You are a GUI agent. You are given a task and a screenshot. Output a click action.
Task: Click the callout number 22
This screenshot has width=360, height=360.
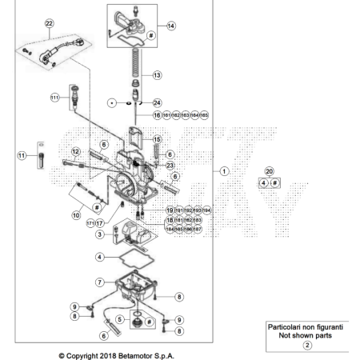tap(50, 24)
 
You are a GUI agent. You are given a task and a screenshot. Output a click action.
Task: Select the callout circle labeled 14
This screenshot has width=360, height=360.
tap(171, 26)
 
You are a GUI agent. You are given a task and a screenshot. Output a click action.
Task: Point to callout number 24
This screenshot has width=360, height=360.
tap(158, 103)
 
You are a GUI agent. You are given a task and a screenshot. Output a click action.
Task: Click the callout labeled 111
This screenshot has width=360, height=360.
tap(55, 97)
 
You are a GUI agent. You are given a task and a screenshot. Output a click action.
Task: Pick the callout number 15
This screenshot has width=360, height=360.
tap(158, 139)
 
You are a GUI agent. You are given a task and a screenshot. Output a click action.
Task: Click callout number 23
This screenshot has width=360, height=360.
tap(169, 165)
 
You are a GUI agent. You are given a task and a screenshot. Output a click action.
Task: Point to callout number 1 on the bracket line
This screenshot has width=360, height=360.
tap(225, 170)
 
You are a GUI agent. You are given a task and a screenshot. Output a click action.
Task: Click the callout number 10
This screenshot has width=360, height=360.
tap(76, 214)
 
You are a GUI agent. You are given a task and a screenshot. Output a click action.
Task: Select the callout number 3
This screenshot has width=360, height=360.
tap(99, 234)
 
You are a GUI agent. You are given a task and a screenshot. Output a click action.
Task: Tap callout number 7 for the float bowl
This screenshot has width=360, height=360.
tap(99, 282)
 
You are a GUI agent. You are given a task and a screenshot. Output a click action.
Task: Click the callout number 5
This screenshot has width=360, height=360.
tap(121, 318)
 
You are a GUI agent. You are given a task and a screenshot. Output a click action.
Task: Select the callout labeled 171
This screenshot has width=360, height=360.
tap(90, 223)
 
